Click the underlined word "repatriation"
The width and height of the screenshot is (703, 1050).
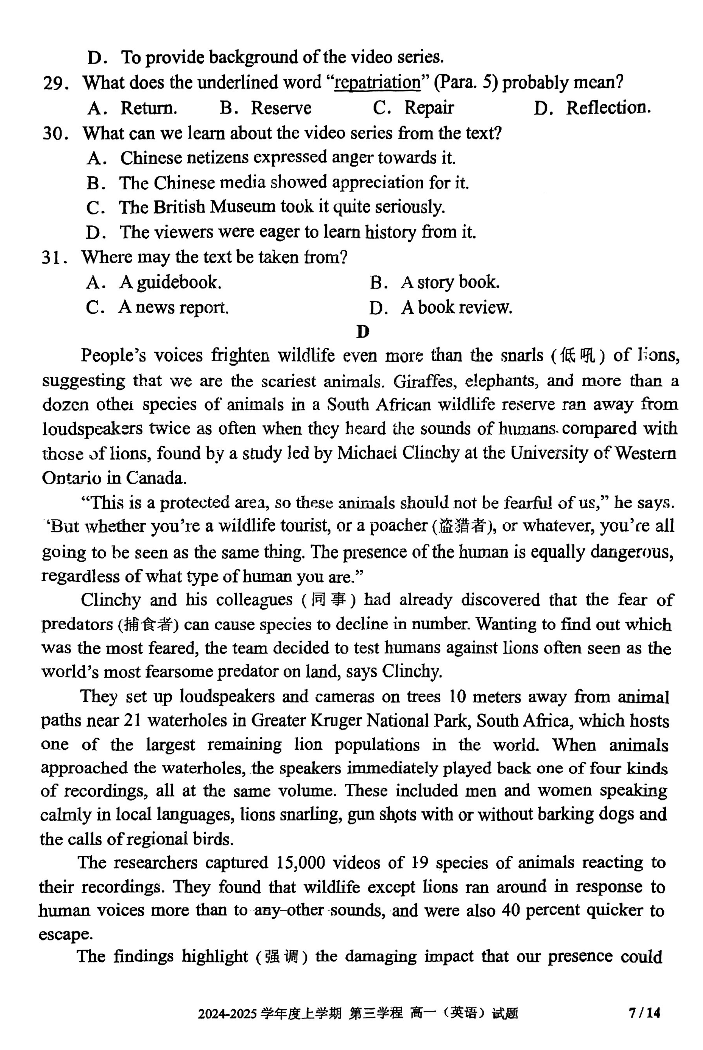(x=378, y=83)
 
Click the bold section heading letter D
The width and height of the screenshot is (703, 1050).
(x=363, y=332)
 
